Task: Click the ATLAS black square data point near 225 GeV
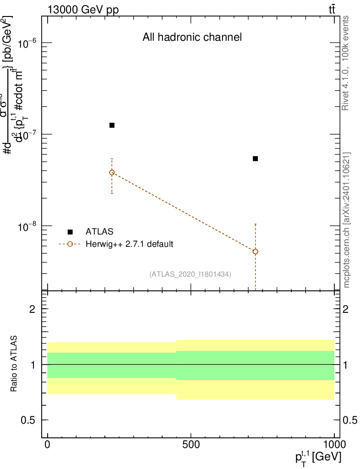tap(112, 125)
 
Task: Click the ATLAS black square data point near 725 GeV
tap(256, 158)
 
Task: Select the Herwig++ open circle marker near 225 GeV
tap(112, 173)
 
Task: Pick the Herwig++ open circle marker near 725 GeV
tap(256, 251)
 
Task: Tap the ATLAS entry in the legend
tap(99, 231)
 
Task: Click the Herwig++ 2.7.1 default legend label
tap(129, 244)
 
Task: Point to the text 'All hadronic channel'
tap(192, 38)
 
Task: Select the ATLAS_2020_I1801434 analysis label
tap(190, 274)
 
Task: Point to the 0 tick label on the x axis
tap(47, 444)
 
